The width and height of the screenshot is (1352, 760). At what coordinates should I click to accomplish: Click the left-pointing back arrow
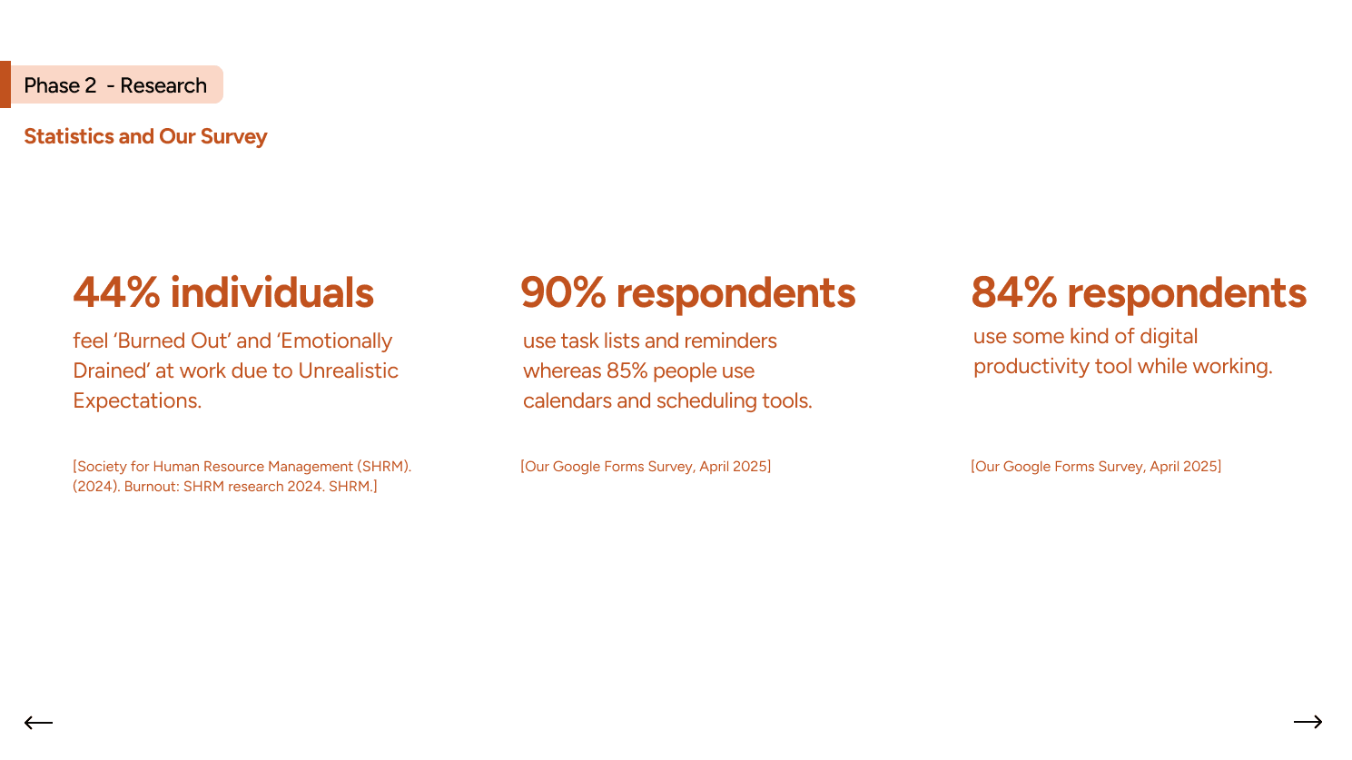point(39,722)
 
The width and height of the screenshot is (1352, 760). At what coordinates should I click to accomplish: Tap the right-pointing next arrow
point(1308,721)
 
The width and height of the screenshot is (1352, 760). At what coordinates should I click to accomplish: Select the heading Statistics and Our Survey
point(145,136)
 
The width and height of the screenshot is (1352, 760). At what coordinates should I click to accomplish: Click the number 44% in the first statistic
point(116,292)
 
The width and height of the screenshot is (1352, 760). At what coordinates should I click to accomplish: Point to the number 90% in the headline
point(564,292)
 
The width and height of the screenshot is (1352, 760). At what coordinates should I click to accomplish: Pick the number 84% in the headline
point(1014,292)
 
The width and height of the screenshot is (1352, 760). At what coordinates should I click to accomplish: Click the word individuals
point(272,292)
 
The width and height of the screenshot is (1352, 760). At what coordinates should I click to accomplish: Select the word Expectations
point(137,400)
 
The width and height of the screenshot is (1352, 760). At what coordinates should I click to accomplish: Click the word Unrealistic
point(349,370)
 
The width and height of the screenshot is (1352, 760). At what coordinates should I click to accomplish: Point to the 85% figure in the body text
point(627,370)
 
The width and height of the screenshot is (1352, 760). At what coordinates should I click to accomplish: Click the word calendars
point(567,400)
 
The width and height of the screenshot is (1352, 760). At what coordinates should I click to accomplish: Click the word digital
point(1169,336)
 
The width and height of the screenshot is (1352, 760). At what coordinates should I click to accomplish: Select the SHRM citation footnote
point(242,477)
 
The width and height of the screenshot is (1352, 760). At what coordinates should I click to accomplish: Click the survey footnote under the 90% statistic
point(646,466)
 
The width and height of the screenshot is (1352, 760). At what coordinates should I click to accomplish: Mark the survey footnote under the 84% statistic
point(1096,466)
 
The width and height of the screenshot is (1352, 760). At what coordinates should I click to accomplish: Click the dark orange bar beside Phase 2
point(5,84)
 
